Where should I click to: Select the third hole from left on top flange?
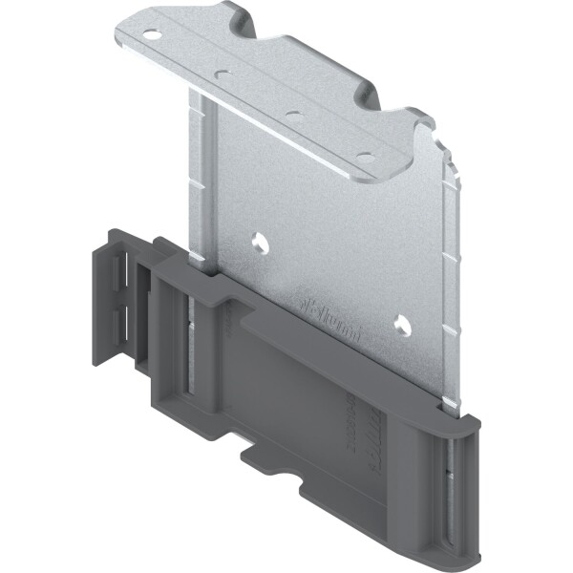(294, 114)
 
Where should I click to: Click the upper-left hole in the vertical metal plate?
(259, 242)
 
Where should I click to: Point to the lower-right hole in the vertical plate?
(401, 326)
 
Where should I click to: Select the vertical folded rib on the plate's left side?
(202, 172)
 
